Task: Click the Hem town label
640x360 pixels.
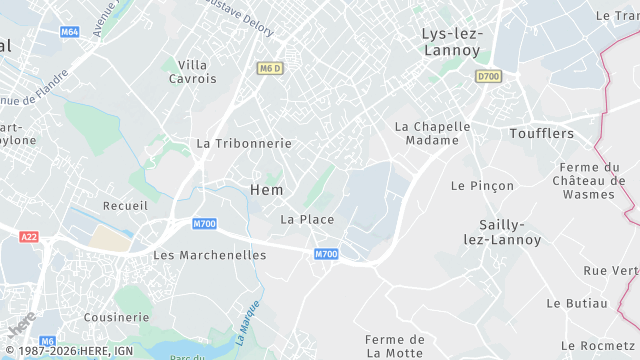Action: (x=266, y=190)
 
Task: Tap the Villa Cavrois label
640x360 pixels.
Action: (x=192, y=71)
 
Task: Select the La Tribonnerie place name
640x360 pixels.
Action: (x=244, y=143)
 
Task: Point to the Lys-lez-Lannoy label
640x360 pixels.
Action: (x=451, y=41)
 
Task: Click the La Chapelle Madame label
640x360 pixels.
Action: (x=432, y=133)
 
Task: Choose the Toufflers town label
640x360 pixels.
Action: (x=541, y=133)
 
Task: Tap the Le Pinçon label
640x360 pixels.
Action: (x=482, y=186)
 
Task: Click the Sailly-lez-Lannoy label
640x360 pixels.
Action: (x=503, y=232)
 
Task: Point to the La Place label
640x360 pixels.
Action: (x=307, y=219)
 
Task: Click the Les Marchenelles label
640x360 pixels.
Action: (x=210, y=255)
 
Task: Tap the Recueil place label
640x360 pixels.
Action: (x=125, y=205)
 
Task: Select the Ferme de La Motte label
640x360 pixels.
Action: (x=395, y=346)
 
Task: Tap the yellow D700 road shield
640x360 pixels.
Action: (x=487, y=76)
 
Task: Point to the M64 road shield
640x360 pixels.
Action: (x=69, y=31)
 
